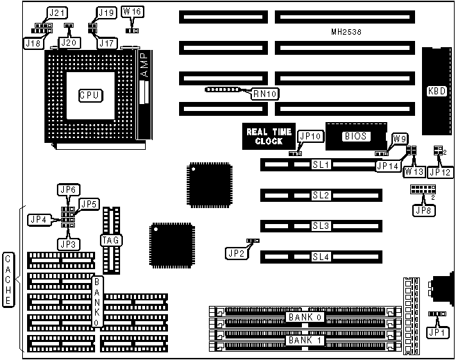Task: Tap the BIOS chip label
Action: [x=355, y=137]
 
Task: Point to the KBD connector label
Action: [x=436, y=91]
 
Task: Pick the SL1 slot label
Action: [x=321, y=165]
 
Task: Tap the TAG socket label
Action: [x=111, y=240]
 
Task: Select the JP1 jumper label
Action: [x=436, y=333]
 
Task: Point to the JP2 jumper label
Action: [x=235, y=253]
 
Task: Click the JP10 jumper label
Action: [x=310, y=137]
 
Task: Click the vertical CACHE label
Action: [x=8, y=280]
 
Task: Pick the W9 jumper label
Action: [x=400, y=139]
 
